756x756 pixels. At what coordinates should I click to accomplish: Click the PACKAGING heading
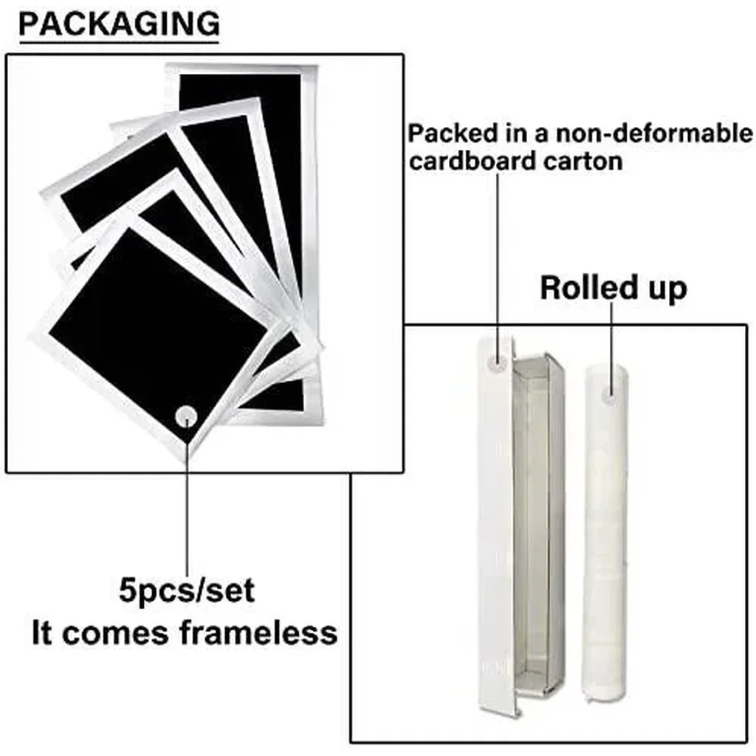119,24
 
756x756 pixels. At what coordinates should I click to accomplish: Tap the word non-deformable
654,133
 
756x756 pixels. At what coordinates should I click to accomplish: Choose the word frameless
258,633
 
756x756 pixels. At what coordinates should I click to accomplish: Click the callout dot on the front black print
187,416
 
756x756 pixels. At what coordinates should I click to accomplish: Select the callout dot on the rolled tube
611,396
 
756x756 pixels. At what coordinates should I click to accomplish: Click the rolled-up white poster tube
605,533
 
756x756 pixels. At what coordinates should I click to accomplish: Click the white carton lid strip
497,526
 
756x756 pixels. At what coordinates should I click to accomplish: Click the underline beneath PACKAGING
119,42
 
